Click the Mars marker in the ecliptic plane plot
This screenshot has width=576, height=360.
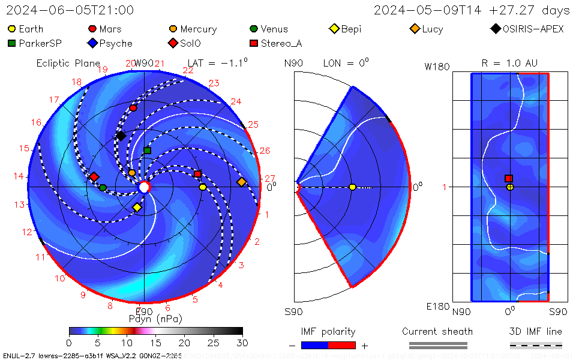coord(133,108)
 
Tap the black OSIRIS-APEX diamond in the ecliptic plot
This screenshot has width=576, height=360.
coord(121,136)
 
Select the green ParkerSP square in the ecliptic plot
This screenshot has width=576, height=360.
coord(147,151)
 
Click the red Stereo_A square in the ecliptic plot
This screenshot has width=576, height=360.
coord(197,174)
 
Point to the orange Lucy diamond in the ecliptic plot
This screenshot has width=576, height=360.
coord(241,182)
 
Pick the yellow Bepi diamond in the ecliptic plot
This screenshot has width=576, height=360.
coord(137,208)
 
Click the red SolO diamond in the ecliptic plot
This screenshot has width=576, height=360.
coord(94,177)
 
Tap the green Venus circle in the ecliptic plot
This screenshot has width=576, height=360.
coord(103,188)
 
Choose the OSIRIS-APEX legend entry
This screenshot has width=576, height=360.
coord(528,29)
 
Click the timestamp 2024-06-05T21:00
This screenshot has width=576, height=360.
coord(70,10)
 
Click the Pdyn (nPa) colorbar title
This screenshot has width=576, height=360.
coord(155,319)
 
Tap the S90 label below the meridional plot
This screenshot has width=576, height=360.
coord(293,311)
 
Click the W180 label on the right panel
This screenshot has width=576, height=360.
coord(437,67)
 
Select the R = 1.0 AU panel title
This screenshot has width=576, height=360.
coord(509,63)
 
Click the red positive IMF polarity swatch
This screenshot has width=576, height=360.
coord(342,345)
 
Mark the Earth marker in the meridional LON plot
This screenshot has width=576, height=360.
coord(352,187)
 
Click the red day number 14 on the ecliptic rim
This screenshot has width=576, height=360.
coord(19,176)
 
